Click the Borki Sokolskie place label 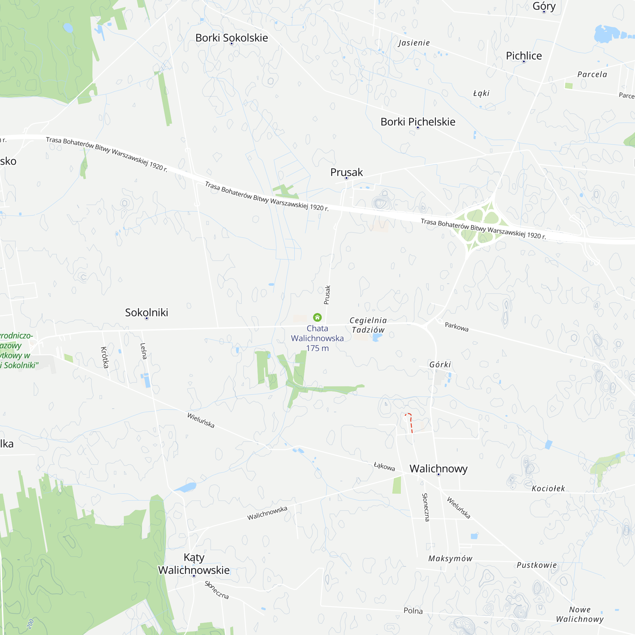[231, 38]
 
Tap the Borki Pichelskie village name [418, 122]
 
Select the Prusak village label [346, 172]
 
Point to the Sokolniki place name [147, 312]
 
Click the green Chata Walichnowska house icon [317, 317]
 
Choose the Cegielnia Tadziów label [368, 325]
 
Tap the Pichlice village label [524, 56]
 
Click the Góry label [544, 6]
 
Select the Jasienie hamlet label [414, 43]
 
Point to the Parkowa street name [457, 327]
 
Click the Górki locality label [440, 364]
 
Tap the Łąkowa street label [384, 466]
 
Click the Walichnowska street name [267, 513]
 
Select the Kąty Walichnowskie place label [194, 564]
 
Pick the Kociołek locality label [548, 488]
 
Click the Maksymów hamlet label [450, 558]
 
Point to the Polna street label [413, 611]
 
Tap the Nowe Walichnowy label [580, 614]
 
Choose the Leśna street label [143, 351]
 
